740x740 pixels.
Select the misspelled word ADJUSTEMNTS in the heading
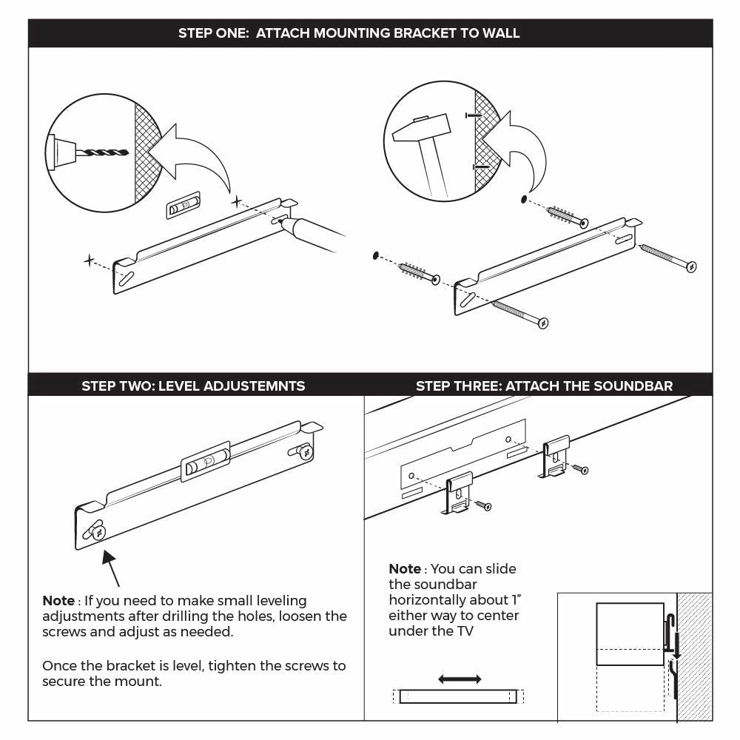point(254,386)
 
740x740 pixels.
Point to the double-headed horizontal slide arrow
point(460,679)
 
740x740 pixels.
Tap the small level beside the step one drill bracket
point(182,207)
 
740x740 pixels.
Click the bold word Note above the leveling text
point(58,601)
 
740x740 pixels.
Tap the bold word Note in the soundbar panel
point(405,569)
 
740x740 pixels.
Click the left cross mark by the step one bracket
point(90,260)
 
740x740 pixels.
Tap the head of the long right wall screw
point(691,266)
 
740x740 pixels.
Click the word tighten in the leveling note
point(231,665)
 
